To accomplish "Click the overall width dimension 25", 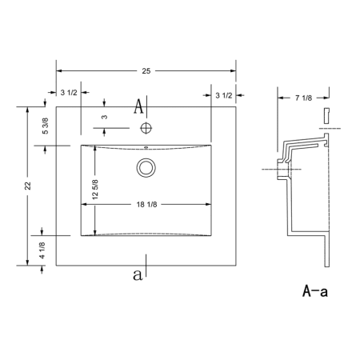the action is tap(146, 71).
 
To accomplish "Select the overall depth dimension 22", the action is tap(28, 186).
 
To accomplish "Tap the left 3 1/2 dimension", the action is tap(69, 93).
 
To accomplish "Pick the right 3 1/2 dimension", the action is tap(224, 95).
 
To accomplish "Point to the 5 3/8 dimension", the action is tap(46, 126).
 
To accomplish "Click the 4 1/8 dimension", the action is tap(42, 250).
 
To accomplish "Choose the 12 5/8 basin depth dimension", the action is tap(95, 190).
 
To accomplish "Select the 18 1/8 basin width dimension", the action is tap(146, 205).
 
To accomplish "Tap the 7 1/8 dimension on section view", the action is tap(303, 98).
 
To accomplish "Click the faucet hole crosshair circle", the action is tap(146, 128).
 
